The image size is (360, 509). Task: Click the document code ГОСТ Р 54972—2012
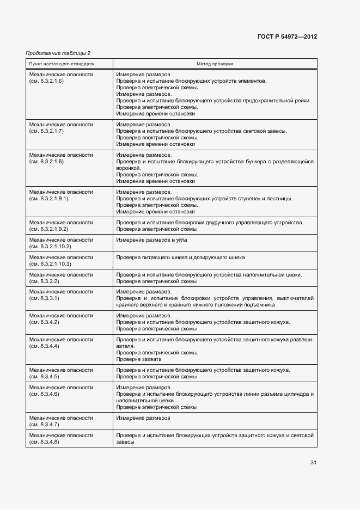click(286, 37)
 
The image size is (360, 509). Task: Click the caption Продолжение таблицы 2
click(58, 53)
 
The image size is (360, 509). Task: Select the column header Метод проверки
click(215, 64)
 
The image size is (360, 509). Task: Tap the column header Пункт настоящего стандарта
click(61, 64)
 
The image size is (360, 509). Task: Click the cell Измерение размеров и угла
click(151, 240)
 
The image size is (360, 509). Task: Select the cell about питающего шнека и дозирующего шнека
click(180, 257)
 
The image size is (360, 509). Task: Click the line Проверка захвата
click(139, 359)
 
